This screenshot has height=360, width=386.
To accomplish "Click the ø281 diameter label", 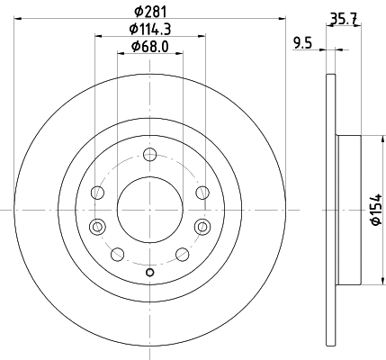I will [x=149, y=12].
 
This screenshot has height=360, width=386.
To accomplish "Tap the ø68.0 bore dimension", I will [x=149, y=47].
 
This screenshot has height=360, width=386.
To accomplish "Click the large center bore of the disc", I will [x=150, y=209].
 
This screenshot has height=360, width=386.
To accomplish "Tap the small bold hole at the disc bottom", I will [x=150, y=274].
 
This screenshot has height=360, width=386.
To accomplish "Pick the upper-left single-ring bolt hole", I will [x=98, y=192].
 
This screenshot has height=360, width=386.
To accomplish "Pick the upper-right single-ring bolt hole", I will [x=202, y=192].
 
